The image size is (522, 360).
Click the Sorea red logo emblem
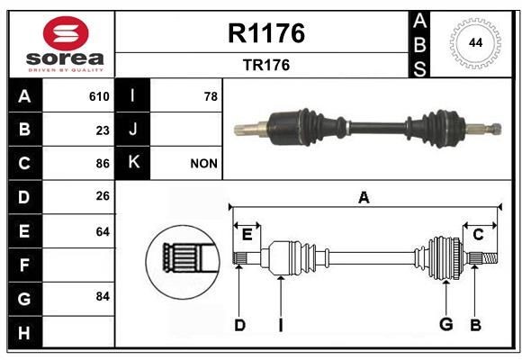(61, 35)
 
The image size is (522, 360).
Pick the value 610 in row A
(99, 96)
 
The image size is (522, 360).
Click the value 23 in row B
(103, 130)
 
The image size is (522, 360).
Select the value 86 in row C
(103, 164)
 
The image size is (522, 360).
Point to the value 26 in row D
(103, 197)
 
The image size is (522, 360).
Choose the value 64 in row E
(103, 231)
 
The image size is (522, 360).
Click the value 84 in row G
(103, 296)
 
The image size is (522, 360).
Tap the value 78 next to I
(211, 96)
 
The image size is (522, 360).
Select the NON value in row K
(203, 164)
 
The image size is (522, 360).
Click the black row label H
(24, 332)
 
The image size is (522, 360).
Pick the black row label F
(24, 265)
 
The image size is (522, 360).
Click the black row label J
(133, 130)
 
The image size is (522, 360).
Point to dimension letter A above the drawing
(364, 198)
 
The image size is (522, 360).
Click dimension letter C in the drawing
(478, 235)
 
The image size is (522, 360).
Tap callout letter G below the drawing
(445, 325)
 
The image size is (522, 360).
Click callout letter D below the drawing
(239, 325)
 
